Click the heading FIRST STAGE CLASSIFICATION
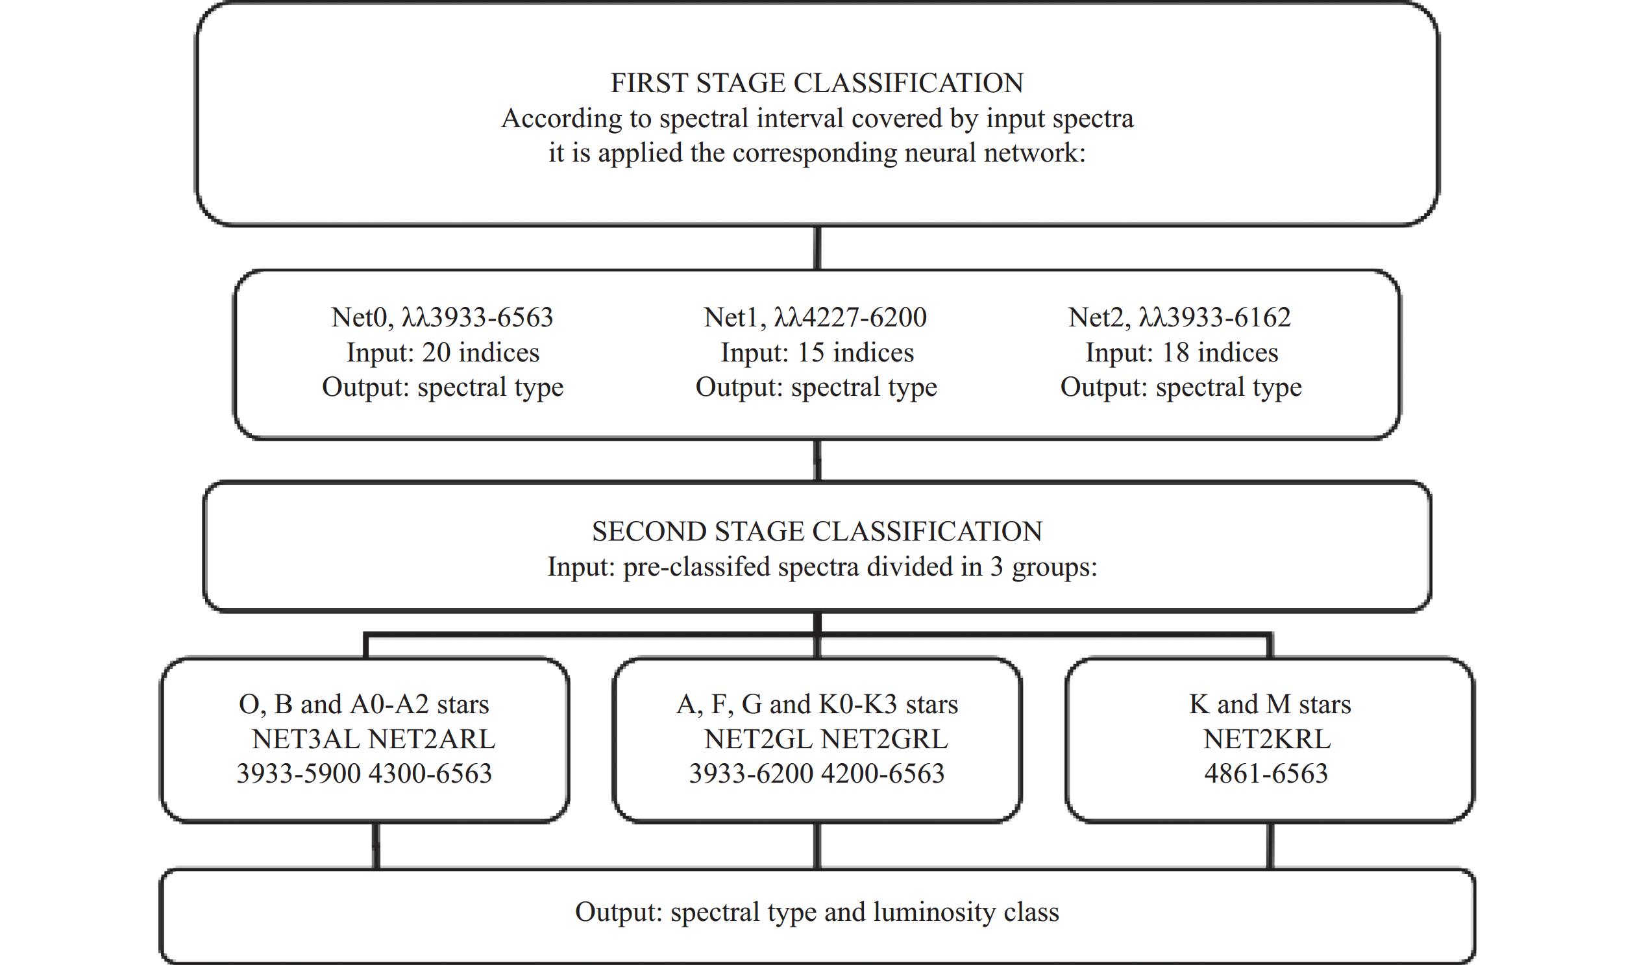[x=817, y=83]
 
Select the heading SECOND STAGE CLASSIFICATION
[x=817, y=531]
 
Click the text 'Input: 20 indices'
[x=443, y=352]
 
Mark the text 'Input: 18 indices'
[x=1182, y=352]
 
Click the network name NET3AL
[x=306, y=739]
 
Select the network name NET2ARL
[x=431, y=739]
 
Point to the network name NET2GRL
[x=885, y=739]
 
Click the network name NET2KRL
[x=1267, y=739]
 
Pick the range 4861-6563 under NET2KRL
[x=1266, y=774]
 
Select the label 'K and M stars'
[x=1270, y=704]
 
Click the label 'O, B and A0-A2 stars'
[x=364, y=704]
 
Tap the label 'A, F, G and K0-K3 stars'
[x=817, y=704]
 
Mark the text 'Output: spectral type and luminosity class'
[x=817, y=912]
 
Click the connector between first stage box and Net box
[x=818, y=249]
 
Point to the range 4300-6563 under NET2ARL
[x=430, y=774]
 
